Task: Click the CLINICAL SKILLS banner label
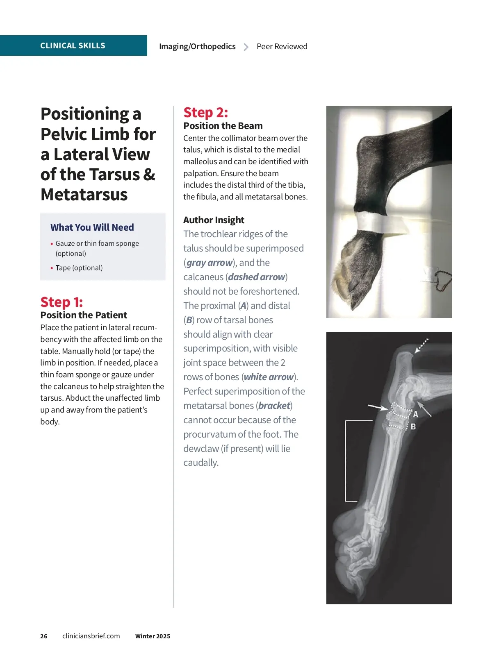coord(73,45)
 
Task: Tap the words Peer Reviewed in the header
coord(282,46)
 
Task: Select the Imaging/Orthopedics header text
coord(197,46)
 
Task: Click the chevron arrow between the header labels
coord(246,47)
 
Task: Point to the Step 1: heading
coord(61,302)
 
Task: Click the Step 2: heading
coord(205,112)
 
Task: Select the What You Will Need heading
coord(92,227)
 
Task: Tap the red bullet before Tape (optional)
coord(52,268)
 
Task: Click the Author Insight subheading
coord(214,220)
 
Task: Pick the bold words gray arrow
coord(210,263)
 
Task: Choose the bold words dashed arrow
coord(257,277)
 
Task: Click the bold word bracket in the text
coord(274,406)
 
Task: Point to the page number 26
coord(44,636)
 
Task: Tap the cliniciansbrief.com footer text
coord(91,636)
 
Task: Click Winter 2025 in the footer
coord(153,636)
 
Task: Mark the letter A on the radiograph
coord(416,414)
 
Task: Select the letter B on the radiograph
coord(413,427)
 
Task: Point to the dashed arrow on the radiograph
coord(421,345)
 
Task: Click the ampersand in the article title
coord(149,175)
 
